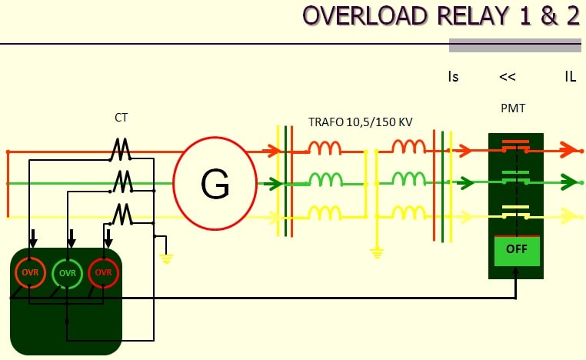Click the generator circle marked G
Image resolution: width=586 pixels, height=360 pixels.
[215, 183]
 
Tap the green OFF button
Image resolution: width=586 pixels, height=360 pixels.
[516, 250]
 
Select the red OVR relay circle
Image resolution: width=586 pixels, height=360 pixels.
[104, 272]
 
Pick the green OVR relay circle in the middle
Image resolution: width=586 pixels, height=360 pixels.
[68, 272]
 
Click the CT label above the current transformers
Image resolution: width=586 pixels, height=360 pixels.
[121, 118]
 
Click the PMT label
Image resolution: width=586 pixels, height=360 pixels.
[512, 108]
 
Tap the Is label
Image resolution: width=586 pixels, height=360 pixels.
[453, 77]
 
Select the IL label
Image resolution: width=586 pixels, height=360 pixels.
[570, 77]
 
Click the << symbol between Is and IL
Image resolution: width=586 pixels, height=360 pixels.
[507, 77]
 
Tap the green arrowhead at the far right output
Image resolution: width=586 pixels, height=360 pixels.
[569, 182]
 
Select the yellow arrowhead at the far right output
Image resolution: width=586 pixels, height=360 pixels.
[569, 216]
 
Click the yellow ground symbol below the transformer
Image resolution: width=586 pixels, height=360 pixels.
[376, 252]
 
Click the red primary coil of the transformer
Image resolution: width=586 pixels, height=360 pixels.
[325, 147]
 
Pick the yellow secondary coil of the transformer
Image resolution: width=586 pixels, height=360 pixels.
[408, 213]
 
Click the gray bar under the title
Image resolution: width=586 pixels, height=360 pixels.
[514, 45]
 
